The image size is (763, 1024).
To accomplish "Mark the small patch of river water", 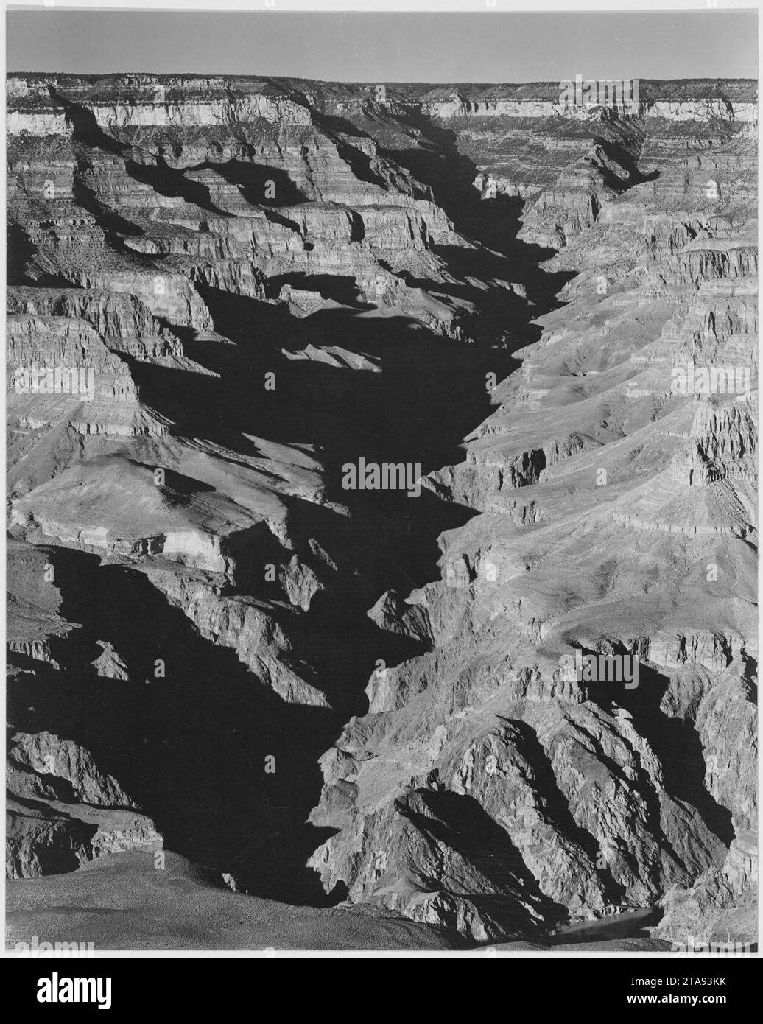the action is pyautogui.click(x=611, y=918).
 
